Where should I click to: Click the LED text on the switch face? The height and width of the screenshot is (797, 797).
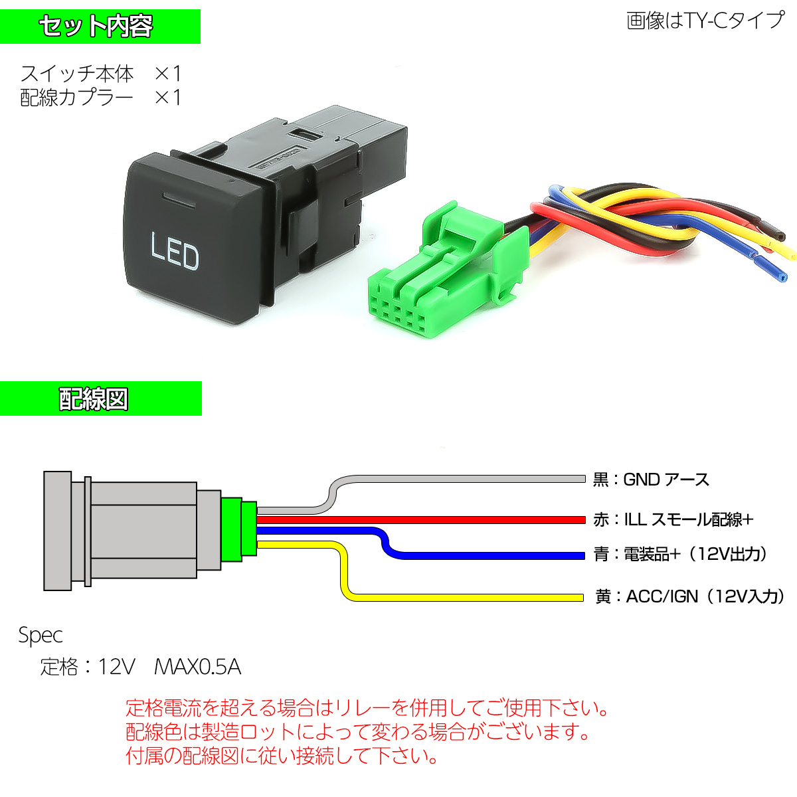coord(175,250)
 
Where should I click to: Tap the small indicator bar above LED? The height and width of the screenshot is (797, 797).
coord(177,198)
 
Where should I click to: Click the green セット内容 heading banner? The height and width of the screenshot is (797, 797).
coord(100,27)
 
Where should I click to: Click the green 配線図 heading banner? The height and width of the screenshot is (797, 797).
coord(100,399)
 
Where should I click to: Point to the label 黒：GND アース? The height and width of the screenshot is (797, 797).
coord(651,480)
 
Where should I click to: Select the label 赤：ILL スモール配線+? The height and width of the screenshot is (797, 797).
coord(673,519)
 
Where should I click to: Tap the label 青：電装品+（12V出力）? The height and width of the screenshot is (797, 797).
coord(681,554)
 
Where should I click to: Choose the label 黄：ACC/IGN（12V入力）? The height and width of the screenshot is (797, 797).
coord(689,596)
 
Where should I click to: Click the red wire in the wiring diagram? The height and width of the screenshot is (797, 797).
coord(425,519)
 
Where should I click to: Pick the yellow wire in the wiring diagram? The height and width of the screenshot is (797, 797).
coord(465,597)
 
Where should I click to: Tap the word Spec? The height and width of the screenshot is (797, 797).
coord(41,636)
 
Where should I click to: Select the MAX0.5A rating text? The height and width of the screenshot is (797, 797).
coord(197,666)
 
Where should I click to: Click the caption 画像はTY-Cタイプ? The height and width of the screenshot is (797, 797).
coord(705,21)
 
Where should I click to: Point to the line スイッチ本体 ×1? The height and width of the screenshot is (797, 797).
coord(100,73)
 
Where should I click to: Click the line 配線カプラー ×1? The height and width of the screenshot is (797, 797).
coord(100,98)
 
